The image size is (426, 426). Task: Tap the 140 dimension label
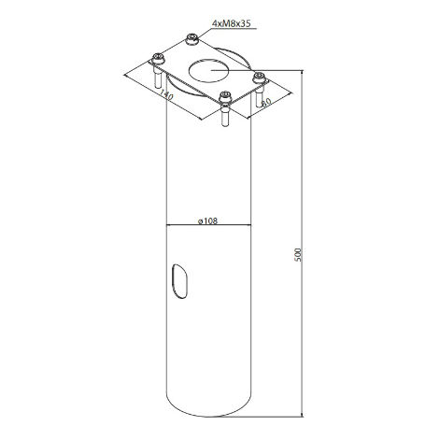coord(166,93)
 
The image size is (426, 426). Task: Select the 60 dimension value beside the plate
coord(265,101)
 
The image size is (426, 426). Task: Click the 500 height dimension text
coord(296,254)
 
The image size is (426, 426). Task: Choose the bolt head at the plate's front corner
coord(224,95)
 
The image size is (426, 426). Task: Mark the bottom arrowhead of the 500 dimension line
coord(304,411)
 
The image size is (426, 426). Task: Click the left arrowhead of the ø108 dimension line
coord(170,225)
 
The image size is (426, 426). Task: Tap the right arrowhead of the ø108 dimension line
coord(249,225)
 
